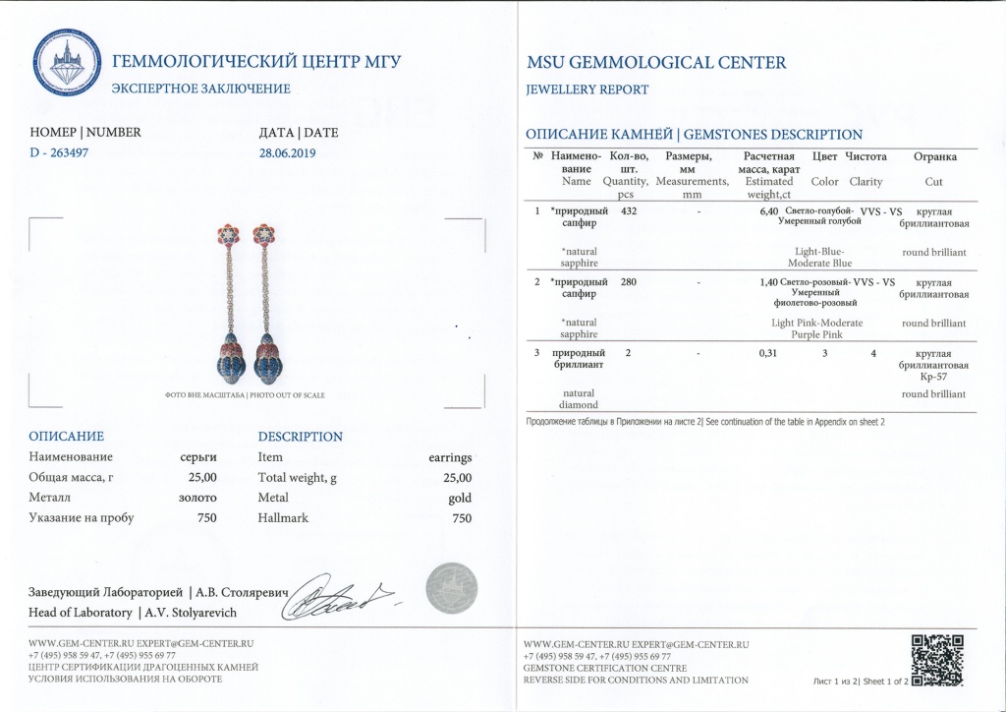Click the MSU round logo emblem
(68, 64)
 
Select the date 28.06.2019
(287, 152)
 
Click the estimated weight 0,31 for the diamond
(769, 353)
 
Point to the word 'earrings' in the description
(450, 457)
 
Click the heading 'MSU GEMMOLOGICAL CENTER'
(656, 63)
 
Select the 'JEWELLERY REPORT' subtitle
(587, 89)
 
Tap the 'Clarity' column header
(866, 182)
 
